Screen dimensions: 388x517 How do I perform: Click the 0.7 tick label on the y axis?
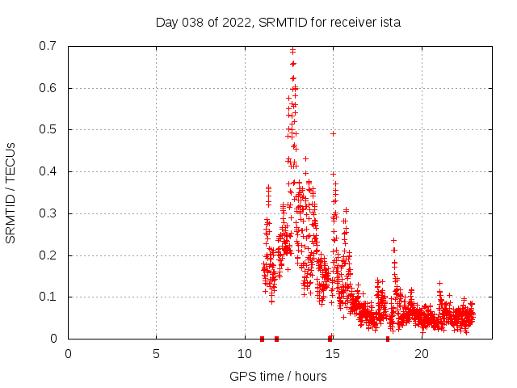pos(47,46)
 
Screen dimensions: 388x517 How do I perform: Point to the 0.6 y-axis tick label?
pos(47,88)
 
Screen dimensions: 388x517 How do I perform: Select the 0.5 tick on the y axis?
pos(47,129)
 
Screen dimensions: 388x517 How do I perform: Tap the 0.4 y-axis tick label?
pos(47,171)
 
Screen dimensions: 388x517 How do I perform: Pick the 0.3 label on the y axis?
pos(47,213)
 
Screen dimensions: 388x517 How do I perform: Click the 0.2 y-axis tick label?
pos(47,255)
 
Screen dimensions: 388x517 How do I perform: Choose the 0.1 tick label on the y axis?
pos(47,297)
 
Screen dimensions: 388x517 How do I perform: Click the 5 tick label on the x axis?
pos(157,353)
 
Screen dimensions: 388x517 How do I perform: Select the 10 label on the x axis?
pos(245,353)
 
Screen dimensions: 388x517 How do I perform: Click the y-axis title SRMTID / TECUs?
pos(11,192)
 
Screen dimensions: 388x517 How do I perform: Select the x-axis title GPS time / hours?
pos(278,376)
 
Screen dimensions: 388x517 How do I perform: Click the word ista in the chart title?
pos(389,23)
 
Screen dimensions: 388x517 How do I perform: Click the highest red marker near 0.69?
pos(292,51)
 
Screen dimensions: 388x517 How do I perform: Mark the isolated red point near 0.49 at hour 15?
pos(333,133)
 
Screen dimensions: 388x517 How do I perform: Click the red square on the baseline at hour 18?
pos(388,339)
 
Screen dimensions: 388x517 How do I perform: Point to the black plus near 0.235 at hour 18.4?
pos(393,240)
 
